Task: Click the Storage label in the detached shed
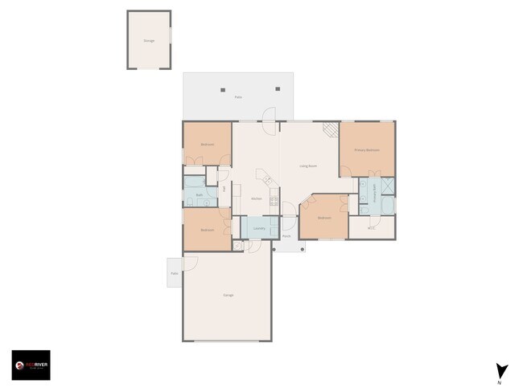149,40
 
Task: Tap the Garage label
228,296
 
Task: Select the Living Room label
308,166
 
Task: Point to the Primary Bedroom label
367,150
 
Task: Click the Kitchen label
257,198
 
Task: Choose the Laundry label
259,228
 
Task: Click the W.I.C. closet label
371,228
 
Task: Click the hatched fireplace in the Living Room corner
330,129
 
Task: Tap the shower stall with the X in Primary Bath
388,186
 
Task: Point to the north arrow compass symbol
502,372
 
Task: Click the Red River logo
31,365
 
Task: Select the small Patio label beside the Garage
174,273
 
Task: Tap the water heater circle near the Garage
237,245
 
